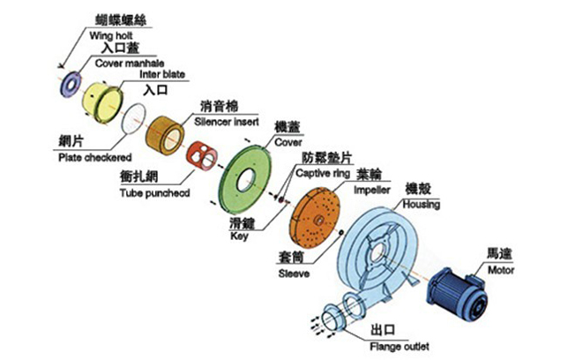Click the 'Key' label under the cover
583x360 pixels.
coord(240,236)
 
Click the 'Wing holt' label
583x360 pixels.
coord(111,35)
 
